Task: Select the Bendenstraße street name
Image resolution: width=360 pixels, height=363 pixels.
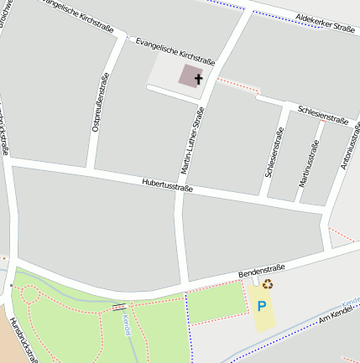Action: point(261,270)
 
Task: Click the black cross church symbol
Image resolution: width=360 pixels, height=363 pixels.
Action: point(198,80)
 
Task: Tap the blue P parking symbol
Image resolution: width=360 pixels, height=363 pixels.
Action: point(262,307)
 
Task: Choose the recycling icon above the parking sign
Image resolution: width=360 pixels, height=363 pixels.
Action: point(268,284)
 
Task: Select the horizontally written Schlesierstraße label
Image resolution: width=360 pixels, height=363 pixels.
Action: point(323,116)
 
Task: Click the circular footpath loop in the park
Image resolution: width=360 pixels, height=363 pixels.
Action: point(29,294)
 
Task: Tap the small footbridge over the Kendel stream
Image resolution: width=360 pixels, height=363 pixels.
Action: point(120,306)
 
